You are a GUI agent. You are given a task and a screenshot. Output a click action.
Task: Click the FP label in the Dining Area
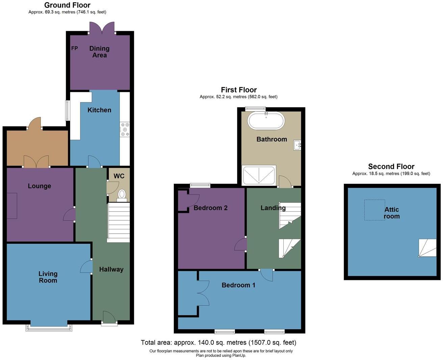(x=75, y=48)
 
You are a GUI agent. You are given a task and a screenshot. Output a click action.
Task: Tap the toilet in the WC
(x=122, y=196)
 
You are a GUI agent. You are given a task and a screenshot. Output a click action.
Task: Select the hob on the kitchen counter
(x=125, y=129)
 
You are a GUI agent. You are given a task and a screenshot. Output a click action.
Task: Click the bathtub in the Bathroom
(x=266, y=121)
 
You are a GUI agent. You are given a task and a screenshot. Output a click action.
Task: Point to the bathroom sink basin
(x=297, y=145)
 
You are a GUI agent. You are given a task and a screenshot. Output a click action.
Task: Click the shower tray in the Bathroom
(x=259, y=175)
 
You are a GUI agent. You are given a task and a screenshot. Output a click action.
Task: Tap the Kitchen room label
(x=99, y=110)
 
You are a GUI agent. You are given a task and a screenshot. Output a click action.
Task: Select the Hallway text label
(x=111, y=269)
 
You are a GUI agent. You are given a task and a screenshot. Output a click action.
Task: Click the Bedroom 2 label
(x=210, y=208)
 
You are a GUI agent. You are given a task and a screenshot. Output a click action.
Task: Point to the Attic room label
(x=392, y=213)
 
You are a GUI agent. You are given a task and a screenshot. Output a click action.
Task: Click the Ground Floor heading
(x=68, y=5)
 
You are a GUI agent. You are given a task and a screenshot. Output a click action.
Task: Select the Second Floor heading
(x=391, y=166)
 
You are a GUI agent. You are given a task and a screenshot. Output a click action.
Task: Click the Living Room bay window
(x=49, y=328)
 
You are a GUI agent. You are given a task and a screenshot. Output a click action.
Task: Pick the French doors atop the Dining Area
(x=102, y=28)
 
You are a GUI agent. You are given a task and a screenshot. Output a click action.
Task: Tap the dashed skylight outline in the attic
(x=374, y=210)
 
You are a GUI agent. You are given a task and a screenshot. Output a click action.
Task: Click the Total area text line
(x=218, y=342)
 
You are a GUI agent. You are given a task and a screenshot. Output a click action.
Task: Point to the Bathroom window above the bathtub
(x=255, y=109)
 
